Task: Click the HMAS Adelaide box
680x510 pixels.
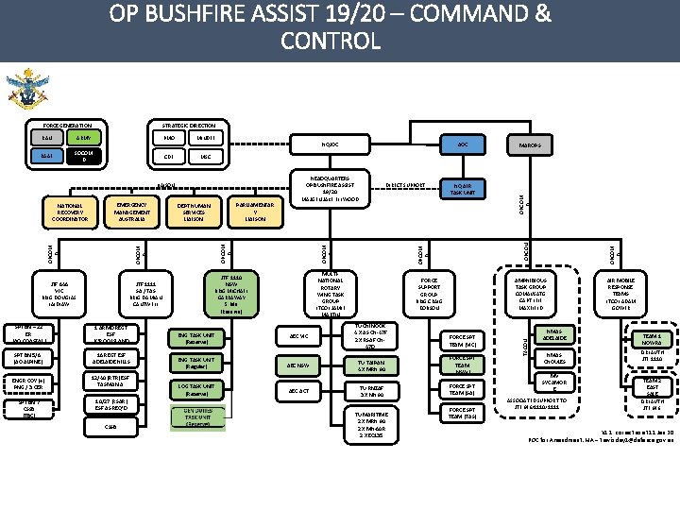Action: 553,334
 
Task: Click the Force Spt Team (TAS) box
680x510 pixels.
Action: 468,413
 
